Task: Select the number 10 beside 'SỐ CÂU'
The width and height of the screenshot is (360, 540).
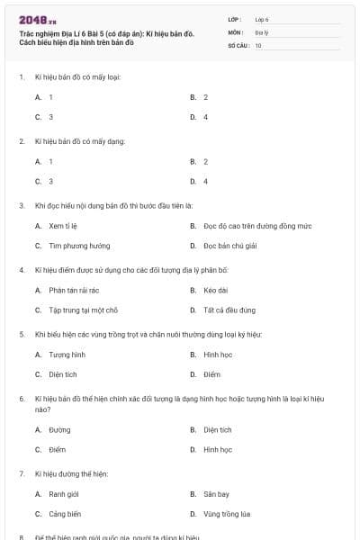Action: pos(258,44)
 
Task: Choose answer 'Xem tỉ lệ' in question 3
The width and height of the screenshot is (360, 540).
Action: pos(65,225)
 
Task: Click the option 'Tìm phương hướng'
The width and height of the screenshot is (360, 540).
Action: pos(79,245)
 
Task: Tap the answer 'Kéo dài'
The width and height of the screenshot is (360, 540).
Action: pos(216,290)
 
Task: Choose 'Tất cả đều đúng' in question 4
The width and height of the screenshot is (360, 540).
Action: pos(229,310)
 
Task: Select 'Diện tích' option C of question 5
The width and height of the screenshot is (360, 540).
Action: pos(63,374)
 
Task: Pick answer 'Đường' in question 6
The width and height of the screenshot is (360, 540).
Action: pos(59,429)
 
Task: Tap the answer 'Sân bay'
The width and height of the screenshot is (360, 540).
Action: pos(217,494)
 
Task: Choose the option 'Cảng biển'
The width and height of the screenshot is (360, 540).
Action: pos(65,514)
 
